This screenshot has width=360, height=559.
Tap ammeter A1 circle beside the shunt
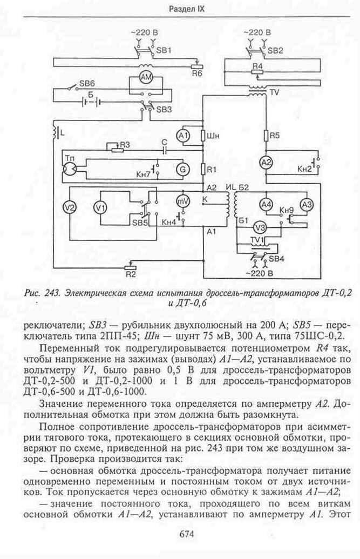[x=184, y=136]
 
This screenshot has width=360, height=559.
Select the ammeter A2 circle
[x=266, y=163]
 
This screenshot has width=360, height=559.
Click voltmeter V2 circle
[x=70, y=208]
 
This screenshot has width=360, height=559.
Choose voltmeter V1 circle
[x=100, y=208]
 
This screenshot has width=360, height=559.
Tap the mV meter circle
[x=184, y=201]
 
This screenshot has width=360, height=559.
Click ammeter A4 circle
[x=266, y=205]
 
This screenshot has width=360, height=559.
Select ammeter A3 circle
[x=307, y=205]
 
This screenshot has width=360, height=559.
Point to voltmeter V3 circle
[x=261, y=227]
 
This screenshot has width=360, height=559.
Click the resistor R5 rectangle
[x=266, y=136]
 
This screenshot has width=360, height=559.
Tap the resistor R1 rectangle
[x=203, y=170]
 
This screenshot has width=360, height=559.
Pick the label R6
[x=197, y=74]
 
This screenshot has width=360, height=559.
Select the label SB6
[x=87, y=83]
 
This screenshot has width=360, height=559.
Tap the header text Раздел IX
[x=187, y=9]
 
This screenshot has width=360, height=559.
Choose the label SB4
[x=276, y=259]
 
